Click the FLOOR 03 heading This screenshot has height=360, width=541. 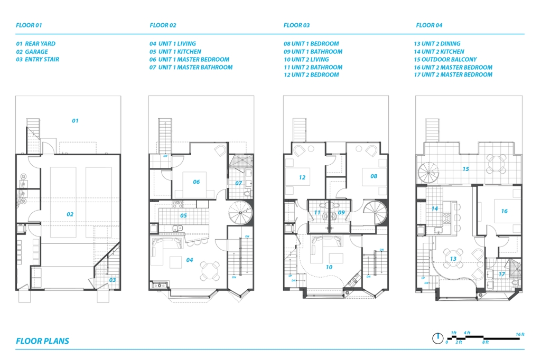[x=296, y=25]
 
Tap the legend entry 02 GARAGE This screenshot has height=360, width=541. [x=32, y=52]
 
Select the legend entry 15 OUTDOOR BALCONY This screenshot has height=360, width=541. [x=445, y=59]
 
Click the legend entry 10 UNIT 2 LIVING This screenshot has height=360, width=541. [x=306, y=59]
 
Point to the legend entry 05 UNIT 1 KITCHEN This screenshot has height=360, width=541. [x=175, y=52]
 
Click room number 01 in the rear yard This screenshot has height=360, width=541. [x=75, y=121]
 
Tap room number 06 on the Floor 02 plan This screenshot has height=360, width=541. [x=197, y=182]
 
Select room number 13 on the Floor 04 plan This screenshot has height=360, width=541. [x=453, y=259]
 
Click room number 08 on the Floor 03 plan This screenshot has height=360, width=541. [x=374, y=176]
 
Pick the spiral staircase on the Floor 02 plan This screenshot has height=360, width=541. [x=240, y=212]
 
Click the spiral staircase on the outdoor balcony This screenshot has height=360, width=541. [x=428, y=172]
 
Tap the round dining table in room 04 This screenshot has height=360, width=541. [x=210, y=271]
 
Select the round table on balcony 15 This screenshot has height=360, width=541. [x=497, y=164]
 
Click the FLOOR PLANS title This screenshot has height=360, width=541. [x=42, y=341]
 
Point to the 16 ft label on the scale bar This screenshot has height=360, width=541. [x=520, y=334]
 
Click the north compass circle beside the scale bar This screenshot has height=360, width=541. [x=437, y=338]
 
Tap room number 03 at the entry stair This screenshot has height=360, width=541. [x=113, y=280]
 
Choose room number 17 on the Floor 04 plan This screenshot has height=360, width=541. [x=502, y=274]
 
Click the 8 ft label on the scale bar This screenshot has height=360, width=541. [x=486, y=342]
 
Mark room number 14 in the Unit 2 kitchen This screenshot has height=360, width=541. [x=435, y=209]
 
